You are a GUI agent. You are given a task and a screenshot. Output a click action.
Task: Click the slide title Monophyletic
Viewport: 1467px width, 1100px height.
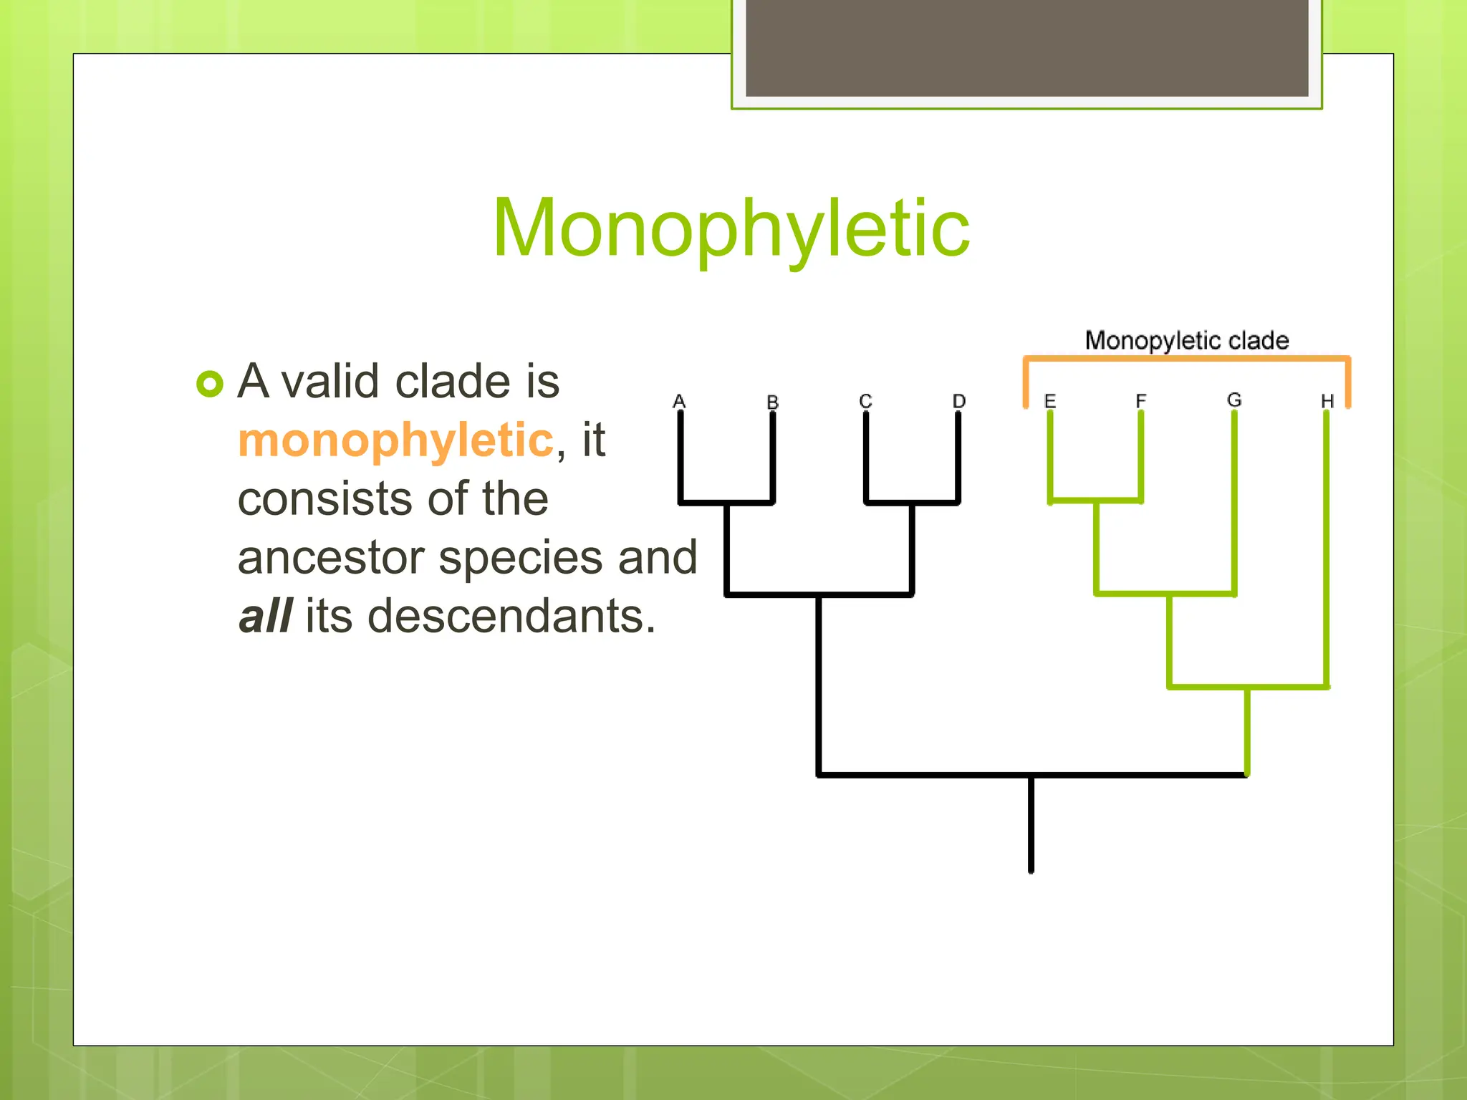731,228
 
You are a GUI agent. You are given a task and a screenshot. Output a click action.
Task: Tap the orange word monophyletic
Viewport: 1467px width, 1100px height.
395,440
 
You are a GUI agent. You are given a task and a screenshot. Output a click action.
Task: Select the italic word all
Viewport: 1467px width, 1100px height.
265,616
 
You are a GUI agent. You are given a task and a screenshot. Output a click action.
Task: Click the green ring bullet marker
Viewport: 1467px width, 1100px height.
210,384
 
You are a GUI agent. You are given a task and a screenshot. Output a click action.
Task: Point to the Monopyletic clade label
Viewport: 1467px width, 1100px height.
1186,340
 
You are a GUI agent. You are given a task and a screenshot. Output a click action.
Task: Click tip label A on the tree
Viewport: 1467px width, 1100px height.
679,401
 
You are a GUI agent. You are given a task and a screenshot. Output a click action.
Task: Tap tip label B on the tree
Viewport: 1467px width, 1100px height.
772,402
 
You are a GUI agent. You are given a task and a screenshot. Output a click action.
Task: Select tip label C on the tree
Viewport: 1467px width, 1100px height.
865,401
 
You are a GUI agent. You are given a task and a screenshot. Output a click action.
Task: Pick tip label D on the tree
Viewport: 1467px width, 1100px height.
959,401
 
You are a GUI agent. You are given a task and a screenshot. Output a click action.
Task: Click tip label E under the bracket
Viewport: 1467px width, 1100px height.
1050,401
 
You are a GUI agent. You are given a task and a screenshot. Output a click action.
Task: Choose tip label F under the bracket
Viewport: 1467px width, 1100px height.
1141,400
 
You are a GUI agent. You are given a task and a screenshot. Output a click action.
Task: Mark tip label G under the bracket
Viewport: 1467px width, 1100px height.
1234,400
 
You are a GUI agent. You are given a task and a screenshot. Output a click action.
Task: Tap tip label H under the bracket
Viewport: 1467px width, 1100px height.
1327,401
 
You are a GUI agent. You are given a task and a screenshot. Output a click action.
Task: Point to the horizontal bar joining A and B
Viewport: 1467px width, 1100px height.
726,503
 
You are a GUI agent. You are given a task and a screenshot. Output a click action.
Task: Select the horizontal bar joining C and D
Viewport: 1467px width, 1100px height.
912,503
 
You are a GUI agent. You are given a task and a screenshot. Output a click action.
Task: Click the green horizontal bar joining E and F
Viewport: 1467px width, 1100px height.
1096,501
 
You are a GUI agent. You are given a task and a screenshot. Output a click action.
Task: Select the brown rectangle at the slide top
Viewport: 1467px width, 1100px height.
1026,47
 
